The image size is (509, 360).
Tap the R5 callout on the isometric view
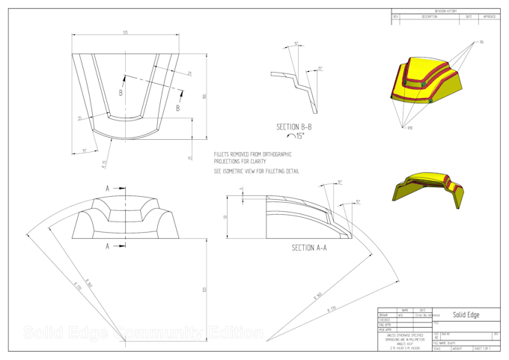[482, 43]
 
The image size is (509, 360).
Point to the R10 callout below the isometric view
[409, 128]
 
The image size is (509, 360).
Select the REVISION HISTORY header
[446, 11]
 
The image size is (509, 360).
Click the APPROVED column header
[491, 16]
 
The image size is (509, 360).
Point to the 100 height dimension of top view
[204, 96]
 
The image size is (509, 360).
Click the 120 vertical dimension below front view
[204, 289]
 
